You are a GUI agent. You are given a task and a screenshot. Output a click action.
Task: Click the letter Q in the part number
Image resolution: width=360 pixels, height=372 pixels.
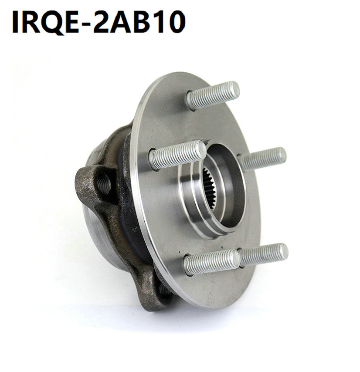pos(52,21)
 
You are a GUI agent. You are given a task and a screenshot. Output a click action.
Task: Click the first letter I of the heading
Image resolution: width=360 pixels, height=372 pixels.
pos(15,21)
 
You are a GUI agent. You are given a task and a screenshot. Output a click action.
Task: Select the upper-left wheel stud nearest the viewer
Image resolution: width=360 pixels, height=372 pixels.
pos(177,155)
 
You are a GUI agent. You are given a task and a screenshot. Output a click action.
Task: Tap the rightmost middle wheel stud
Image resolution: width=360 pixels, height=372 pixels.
pos(264,159)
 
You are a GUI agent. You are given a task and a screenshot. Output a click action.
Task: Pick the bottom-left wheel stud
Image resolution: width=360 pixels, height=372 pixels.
pos(211,262)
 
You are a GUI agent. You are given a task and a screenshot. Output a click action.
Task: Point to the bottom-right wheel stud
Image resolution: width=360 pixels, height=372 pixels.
pos(264,254)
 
